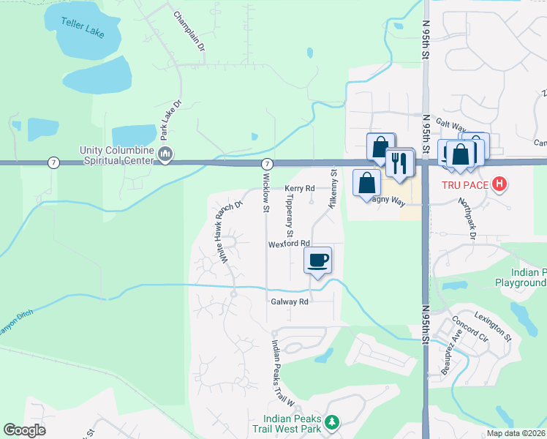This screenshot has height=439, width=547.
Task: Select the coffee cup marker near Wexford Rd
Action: pyautogui.click(x=318, y=260)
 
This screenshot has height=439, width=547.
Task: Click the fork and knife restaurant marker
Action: pyautogui.click(x=399, y=163)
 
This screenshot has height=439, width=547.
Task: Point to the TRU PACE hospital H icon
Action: pyautogui.click(x=499, y=183)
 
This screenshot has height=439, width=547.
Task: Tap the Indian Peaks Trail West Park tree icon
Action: pyautogui.click(x=332, y=422)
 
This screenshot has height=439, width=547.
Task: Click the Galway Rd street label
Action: pyautogui.click(x=290, y=301)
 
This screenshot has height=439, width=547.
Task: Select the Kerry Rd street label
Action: pyautogui.click(x=299, y=188)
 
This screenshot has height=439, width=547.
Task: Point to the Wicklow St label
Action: pyautogui.click(x=266, y=193)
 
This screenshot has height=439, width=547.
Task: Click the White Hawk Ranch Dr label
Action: pyautogui.click(x=227, y=231)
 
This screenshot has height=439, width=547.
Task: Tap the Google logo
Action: pyautogui.click(x=24, y=430)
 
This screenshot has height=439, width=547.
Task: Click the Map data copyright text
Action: pyautogui.click(x=516, y=433)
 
